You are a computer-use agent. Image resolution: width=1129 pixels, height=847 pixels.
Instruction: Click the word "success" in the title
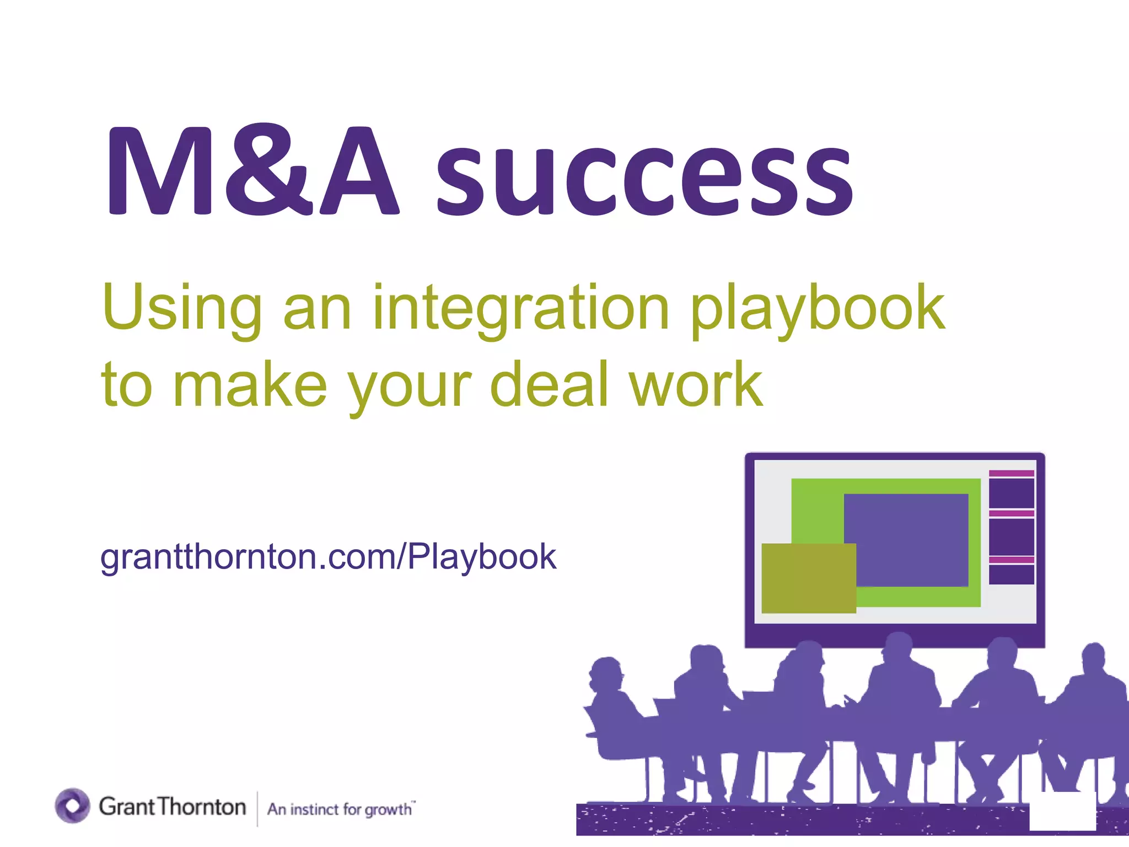pyautogui.click(x=645, y=175)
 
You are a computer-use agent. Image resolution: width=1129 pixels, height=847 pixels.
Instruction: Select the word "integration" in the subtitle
pyautogui.click(x=521, y=309)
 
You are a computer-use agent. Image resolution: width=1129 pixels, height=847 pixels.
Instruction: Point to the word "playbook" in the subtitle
pyautogui.click(x=818, y=309)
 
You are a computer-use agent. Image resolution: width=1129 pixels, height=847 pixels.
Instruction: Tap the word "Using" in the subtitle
pyautogui.click(x=182, y=309)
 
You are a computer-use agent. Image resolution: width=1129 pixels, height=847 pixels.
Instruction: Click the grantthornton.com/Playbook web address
pyautogui.click(x=329, y=557)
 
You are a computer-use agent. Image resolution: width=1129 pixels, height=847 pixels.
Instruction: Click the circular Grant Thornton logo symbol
pyautogui.click(x=72, y=806)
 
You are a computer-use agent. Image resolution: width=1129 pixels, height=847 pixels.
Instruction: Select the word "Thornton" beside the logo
pyautogui.click(x=202, y=807)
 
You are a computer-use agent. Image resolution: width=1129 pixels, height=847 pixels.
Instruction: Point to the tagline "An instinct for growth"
pyautogui.click(x=340, y=809)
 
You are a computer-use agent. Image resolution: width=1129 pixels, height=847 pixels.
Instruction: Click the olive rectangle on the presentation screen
pyautogui.click(x=808, y=578)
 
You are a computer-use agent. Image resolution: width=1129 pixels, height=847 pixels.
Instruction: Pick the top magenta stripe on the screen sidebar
pyautogui.click(x=1011, y=473)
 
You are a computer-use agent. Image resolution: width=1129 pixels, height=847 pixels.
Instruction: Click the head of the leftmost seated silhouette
pyautogui.click(x=606, y=672)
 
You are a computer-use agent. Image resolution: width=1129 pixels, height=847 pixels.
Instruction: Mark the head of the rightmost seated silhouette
pyautogui.click(x=1093, y=658)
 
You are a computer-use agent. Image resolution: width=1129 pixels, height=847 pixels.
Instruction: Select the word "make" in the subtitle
pyautogui.click(x=250, y=384)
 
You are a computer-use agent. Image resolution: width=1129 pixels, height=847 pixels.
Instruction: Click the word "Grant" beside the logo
pyautogui.click(x=126, y=807)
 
